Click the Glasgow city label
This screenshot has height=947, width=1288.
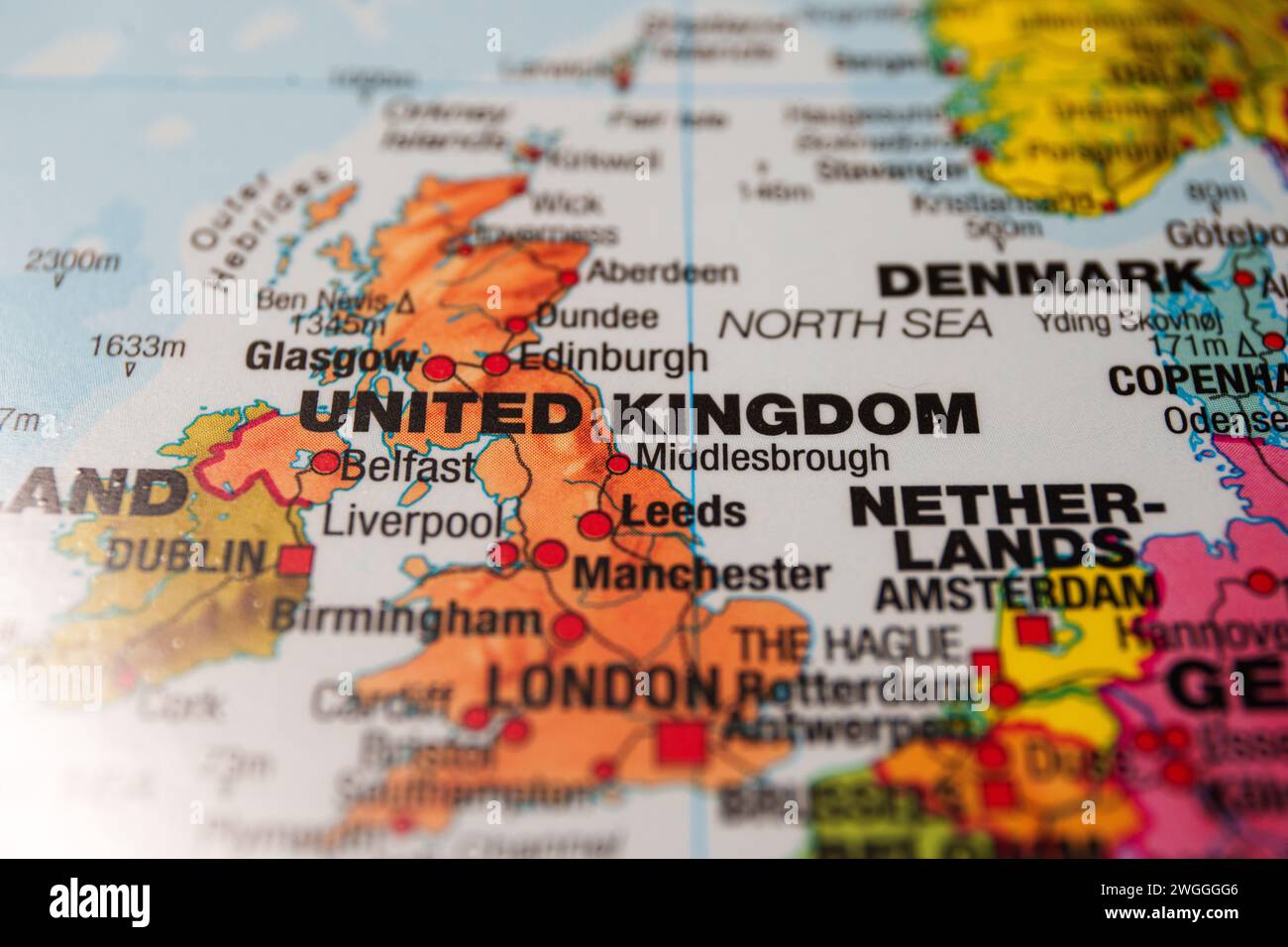[331, 357]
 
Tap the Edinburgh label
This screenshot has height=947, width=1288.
[612, 359]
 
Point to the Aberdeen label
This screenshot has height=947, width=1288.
[662, 271]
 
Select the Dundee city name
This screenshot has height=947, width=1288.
[596, 317]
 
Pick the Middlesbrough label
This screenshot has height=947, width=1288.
[761, 458]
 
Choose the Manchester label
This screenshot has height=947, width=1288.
[701, 574]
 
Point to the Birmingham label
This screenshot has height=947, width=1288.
[406, 619]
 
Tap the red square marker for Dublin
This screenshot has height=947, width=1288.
[294, 561]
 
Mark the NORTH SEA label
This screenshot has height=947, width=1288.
[856, 323]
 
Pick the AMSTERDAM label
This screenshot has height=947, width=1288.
[1018, 592]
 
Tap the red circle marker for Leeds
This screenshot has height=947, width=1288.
[595, 524]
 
